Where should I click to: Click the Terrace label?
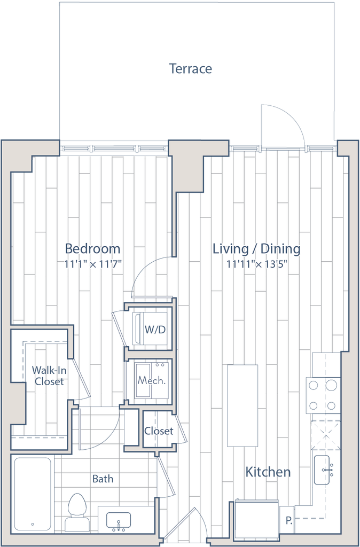[191, 69]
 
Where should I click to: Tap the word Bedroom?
[92, 249]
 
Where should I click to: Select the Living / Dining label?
[257, 249]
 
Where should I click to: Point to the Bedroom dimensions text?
[92, 262]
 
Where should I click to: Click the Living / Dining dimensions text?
[256, 263]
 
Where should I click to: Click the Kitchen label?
[268, 472]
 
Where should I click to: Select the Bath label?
[103, 479]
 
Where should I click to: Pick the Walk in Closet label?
[48, 376]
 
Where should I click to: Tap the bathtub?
[32, 494]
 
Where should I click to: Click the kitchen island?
[243, 405]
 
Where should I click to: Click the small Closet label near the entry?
[159, 431]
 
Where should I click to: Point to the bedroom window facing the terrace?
[113, 147]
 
